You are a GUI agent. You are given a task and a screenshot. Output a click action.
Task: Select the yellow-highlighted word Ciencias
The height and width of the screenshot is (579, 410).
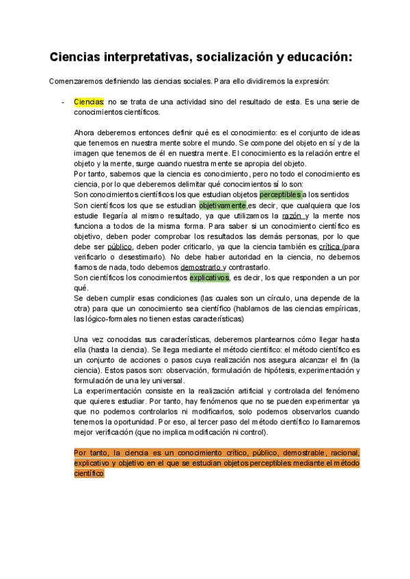pyautogui.click(x=88, y=101)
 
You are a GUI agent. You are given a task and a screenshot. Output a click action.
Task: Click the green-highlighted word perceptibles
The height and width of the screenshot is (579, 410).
pyautogui.click(x=280, y=195)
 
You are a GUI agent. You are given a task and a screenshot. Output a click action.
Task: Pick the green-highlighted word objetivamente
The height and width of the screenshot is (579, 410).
pyautogui.click(x=222, y=205)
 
